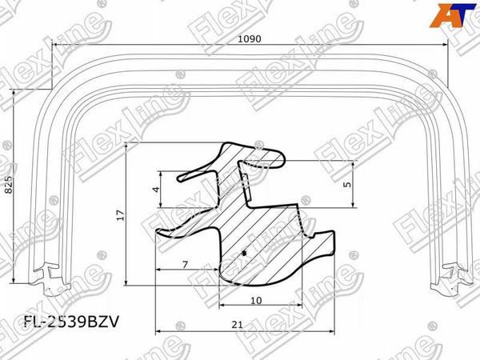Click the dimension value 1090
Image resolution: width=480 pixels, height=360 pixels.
[250, 39]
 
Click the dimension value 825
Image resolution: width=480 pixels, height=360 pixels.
[9, 185]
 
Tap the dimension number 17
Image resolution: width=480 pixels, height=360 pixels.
[122, 215]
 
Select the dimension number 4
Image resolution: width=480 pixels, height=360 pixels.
[156, 189]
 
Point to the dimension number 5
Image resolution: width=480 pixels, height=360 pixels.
[347, 184]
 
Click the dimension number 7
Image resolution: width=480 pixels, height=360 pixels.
[185, 264]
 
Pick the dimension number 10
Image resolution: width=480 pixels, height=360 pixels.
[256, 301]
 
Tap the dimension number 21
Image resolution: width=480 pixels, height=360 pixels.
[237, 325]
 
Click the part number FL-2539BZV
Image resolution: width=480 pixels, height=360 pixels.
[71, 322]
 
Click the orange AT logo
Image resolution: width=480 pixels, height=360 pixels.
[453, 15]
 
